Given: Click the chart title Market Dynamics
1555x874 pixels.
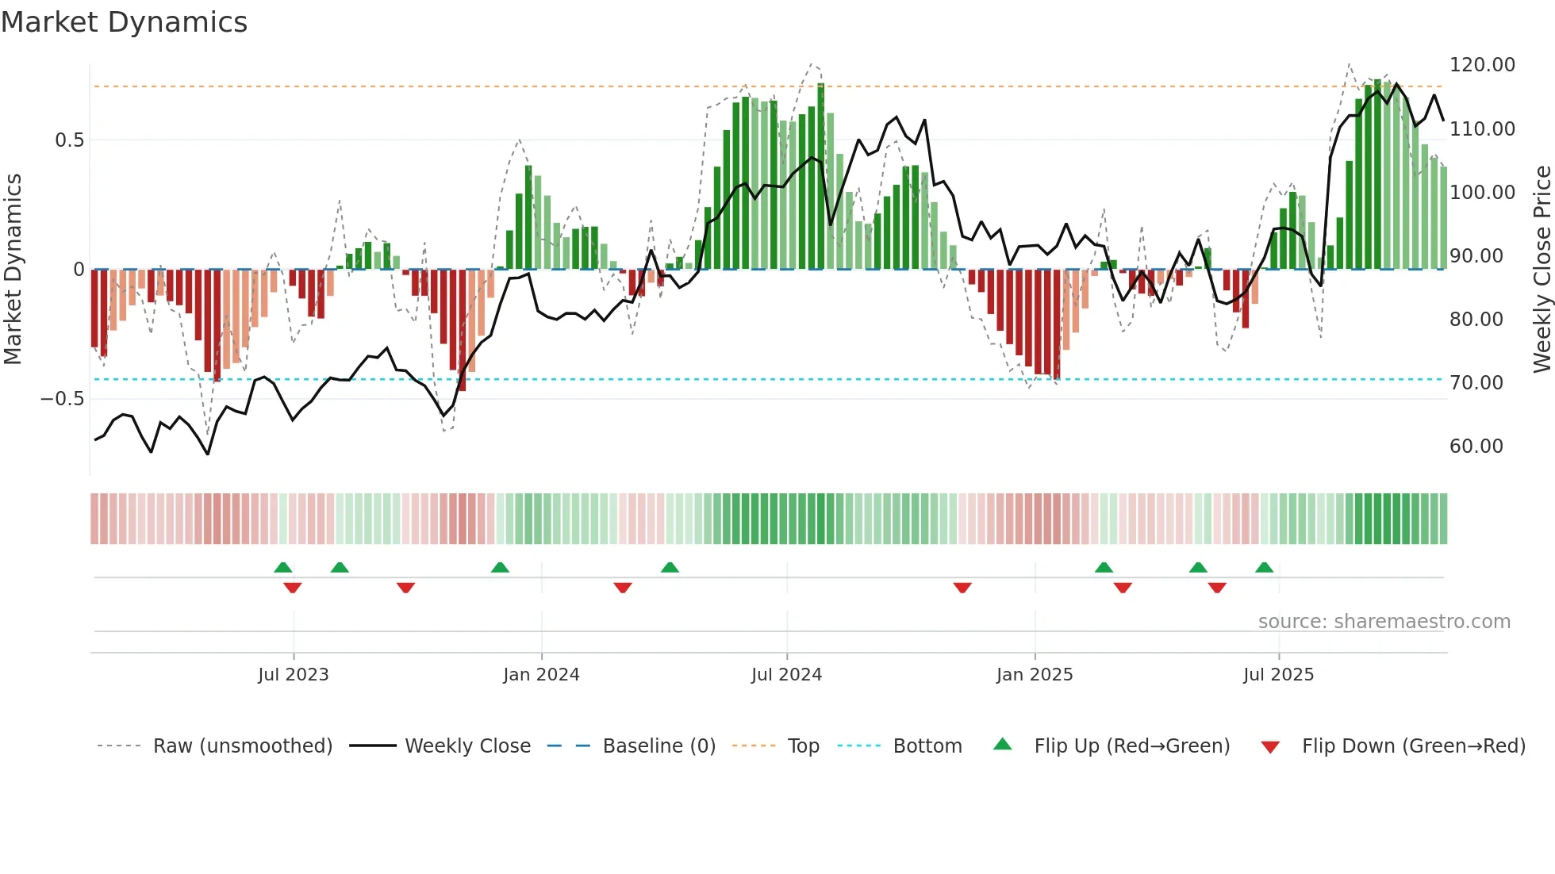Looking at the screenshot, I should (x=125, y=22).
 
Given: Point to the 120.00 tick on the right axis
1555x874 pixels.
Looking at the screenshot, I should (x=1482, y=65).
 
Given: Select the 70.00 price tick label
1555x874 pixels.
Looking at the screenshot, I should (x=1476, y=383).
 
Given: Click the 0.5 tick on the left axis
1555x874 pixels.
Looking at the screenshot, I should (x=69, y=140).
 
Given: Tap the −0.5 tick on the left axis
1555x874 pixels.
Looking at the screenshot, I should (x=63, y=399).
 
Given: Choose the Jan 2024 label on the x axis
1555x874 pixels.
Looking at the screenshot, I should (x=541, y=675).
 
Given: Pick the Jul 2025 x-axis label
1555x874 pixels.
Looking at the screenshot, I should (x=1278, y=675).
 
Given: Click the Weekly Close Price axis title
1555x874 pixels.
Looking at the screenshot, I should (x=1542, y=269).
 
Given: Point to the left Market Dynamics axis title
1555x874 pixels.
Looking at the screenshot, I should (x=13, y=269).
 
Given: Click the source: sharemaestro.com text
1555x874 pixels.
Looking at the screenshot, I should (x=1384, y=622).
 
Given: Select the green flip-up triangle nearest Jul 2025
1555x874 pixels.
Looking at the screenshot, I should (x=1264, y=567).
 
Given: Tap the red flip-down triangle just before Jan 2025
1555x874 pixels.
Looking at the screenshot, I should (x=962, y=588).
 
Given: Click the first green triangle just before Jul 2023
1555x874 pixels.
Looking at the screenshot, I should (x=282, y=567).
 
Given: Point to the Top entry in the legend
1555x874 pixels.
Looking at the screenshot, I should (x=803, y=746).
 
